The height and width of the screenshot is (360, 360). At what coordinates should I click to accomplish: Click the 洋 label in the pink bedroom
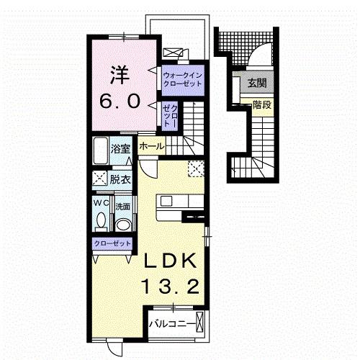pyautogui.click(x=120, y=75)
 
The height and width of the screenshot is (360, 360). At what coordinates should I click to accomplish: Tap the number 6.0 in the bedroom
pyautogui.click(x=120, y=102)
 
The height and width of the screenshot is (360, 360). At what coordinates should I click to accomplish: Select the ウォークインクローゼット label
pyautogui.click(x=182, y=80)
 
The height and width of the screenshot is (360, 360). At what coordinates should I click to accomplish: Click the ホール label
pyautogui.click(x=152, y=146)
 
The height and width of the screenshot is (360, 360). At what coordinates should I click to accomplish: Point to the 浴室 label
pyautogui.click(x=120, y=149)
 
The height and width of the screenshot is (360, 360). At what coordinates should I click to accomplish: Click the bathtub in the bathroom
pyautogui.click(x=101, y=150)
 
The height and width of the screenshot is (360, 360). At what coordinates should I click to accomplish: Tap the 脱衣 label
pyautogui.click(x=120, y=180)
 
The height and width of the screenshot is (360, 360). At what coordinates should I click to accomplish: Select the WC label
pyautogui.click(x=101, y=203)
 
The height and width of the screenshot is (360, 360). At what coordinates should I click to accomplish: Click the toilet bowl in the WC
pyautogui.click(x=102, y=220)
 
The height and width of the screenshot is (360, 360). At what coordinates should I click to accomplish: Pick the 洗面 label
pyautogui.click(x=123, y=207)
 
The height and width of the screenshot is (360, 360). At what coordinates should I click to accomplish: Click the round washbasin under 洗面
pyautogui.click(x=123, y=225)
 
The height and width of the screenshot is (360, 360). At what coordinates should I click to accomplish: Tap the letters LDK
pyautogui.click(x=170, y=261)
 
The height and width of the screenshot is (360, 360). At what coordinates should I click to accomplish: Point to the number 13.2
pyautogui.click(x=171, y=287)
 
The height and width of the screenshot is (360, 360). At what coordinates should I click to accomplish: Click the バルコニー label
pyautogui.click(x=172, y=324)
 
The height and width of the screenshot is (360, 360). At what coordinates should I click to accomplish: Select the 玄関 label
pyautogui.click(x=257, y=84)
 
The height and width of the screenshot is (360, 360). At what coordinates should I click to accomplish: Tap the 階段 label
pyautogui.click(x=262, y=104)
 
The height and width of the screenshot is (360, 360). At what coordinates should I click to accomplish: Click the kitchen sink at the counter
pyautogui.click(x=166, y=201)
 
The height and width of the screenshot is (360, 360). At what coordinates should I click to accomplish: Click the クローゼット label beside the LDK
pyautogui.click(x=112, y=244)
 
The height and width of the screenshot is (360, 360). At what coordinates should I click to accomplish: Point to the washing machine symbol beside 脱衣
pyautogui.click(x=100, y=178)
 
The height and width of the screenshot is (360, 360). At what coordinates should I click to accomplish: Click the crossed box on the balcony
pyautogui.click(x=199, y=322)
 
